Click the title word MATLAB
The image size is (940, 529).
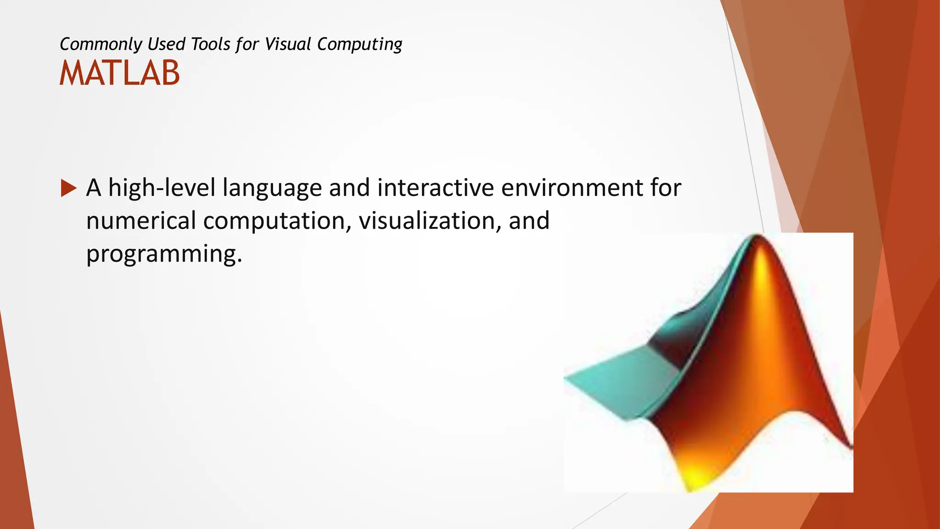(119, 73)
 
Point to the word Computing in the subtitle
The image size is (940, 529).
(359, 45)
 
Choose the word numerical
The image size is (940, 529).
(141, 221)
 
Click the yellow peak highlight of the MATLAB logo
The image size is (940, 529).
(761, 266)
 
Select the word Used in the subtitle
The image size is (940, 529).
(167, 45)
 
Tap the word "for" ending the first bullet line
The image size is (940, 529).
(666, 188)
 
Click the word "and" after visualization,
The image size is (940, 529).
(529, 221)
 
